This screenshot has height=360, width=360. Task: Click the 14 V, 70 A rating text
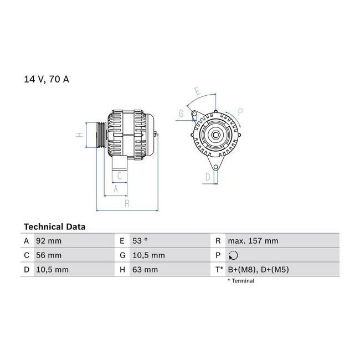coord(47,79)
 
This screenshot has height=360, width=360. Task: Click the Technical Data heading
coord(55,227)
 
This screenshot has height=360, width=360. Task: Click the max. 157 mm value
coord(253,241)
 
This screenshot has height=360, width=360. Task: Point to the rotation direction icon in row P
coord(233,255)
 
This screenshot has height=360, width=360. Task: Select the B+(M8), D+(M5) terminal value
coord(258,270)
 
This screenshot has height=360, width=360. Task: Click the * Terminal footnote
coord(241,281)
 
